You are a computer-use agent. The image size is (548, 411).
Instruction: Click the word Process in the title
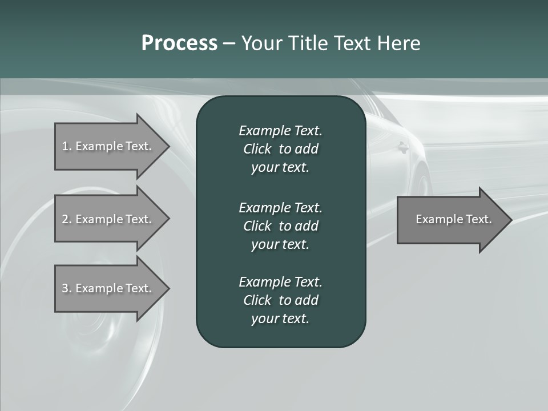[x=179, y=43]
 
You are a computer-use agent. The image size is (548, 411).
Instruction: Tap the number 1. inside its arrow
[x=66, y=146]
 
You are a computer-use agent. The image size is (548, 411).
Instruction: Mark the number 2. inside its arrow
[x=66, y=219]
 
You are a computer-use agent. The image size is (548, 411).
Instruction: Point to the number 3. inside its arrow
[x=66, y=288]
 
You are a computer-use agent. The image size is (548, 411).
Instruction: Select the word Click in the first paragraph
[x=257, y=149]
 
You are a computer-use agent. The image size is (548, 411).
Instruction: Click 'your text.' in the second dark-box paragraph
[x=280, y=244]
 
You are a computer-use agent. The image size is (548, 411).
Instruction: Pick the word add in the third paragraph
[x=307, y=300]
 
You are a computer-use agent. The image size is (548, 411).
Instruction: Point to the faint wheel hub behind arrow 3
[x=91, y=331]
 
